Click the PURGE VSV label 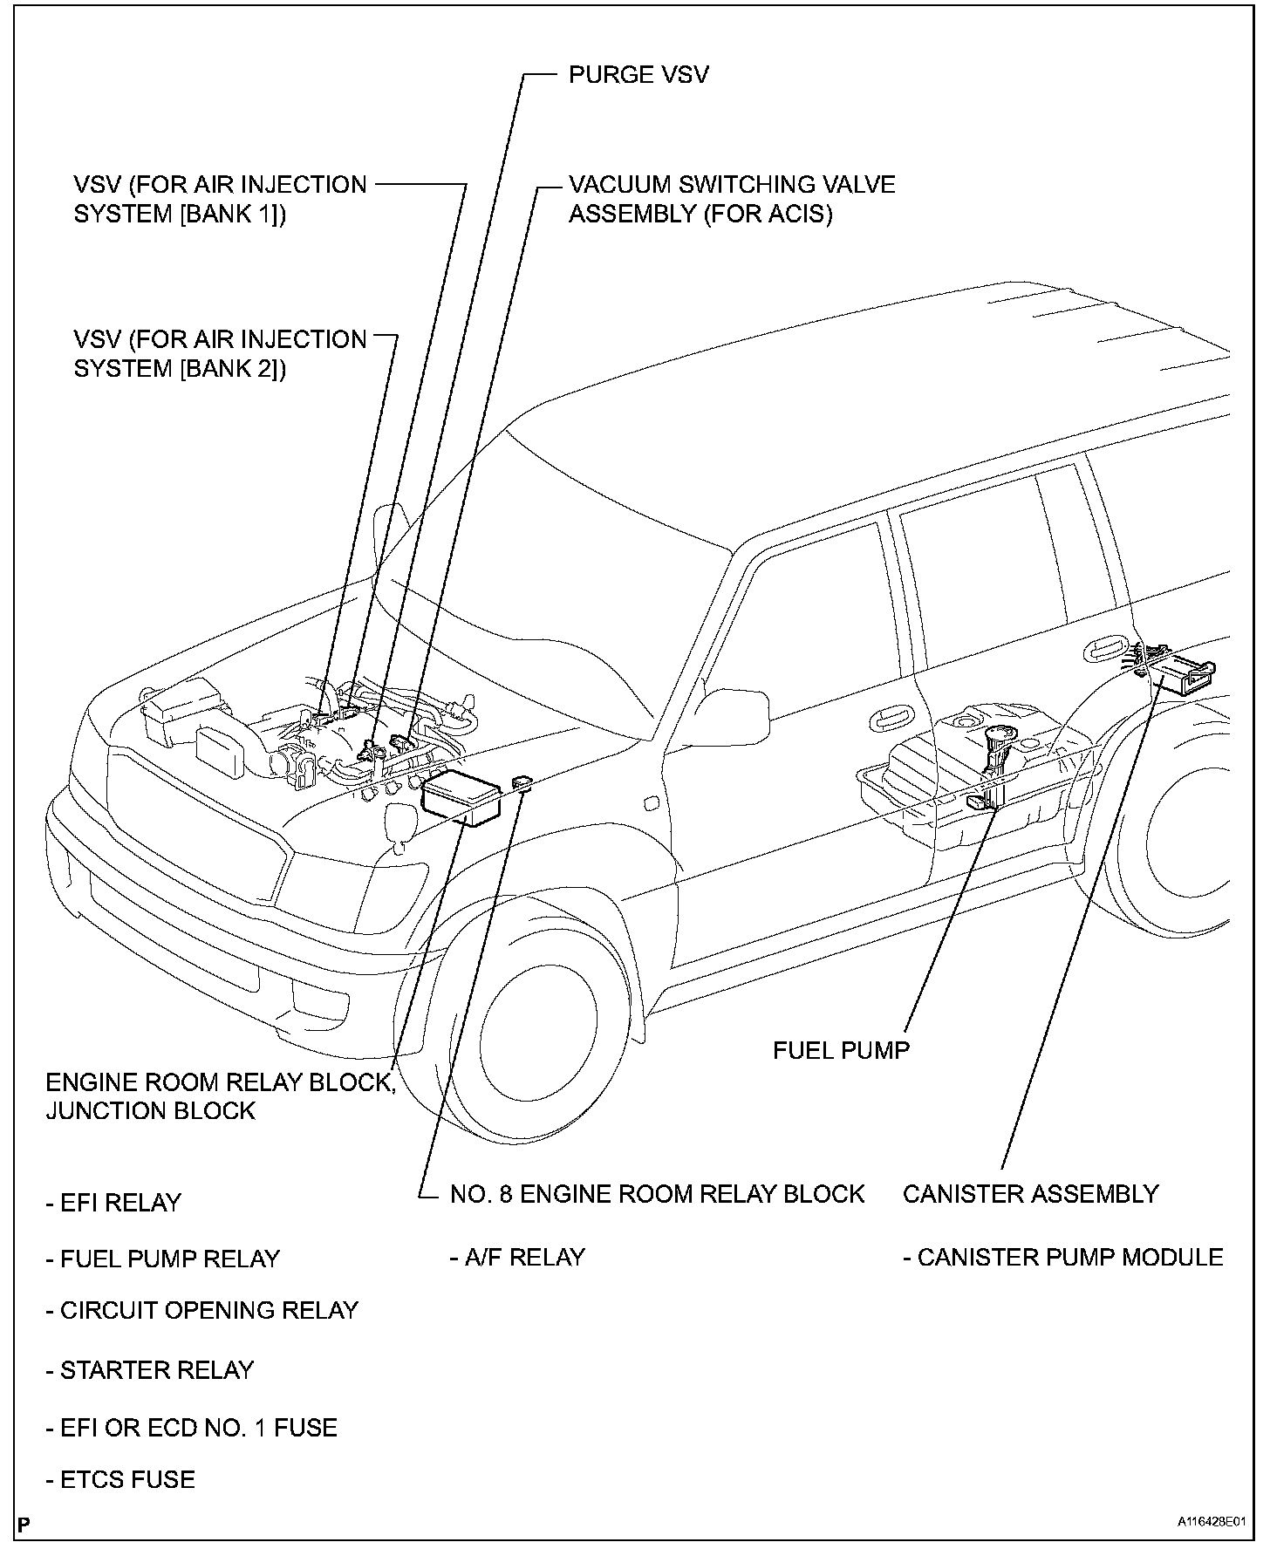[638, 75]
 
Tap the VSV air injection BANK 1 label [220, 199]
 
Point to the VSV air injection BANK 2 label [220, 353]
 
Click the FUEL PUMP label [841, 1050]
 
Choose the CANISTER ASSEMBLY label [1030, 1194]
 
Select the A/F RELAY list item [517, 1257]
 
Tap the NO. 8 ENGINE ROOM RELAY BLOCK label [657, 1194]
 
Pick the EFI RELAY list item [113, 1203]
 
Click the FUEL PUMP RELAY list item [162, 1259]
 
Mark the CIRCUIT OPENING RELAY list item [201, 1310]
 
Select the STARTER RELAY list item [149, 1370]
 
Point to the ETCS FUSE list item [120, 1479]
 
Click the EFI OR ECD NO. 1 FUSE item [191, 1428]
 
